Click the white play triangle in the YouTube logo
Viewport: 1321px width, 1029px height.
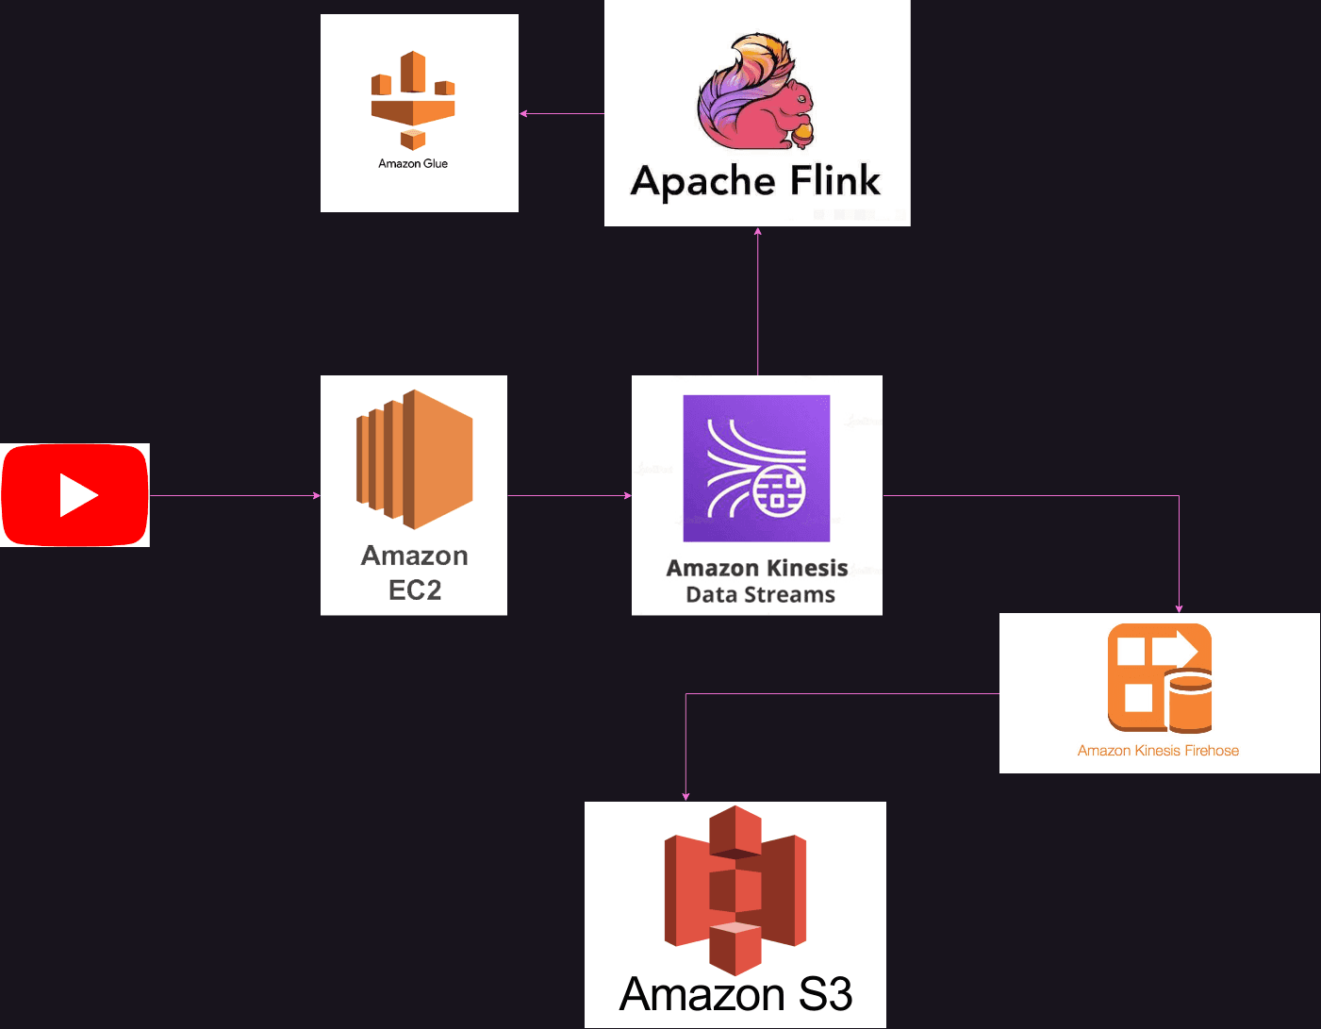[x=78, y=495]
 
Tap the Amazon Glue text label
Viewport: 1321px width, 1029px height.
[x=413, y=163]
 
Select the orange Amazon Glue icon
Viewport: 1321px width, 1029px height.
[x=413, y=100]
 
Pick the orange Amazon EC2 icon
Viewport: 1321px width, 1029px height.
[x=415, y=458]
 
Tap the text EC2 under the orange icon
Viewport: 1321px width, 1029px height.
[x=415, y=590]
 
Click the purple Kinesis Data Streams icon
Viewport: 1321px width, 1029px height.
[x=756, y=468]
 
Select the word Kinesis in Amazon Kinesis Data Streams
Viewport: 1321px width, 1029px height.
[x=804, y=568]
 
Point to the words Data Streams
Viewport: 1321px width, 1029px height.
[x=760, y=594]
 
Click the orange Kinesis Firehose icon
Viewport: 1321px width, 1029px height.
[x=1159, y=677]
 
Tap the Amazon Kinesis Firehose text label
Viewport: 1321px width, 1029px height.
[x=1158, y=751]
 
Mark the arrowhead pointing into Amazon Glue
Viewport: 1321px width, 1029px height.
[x=523, y=113]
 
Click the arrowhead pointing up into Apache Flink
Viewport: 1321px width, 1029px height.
[x=757, y=231]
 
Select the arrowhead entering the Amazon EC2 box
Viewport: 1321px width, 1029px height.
[x=317, y=495]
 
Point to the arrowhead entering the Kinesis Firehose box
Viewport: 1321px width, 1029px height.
[x=1179, y=608]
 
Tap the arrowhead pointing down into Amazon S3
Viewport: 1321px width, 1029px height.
[x=685, y=797]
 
